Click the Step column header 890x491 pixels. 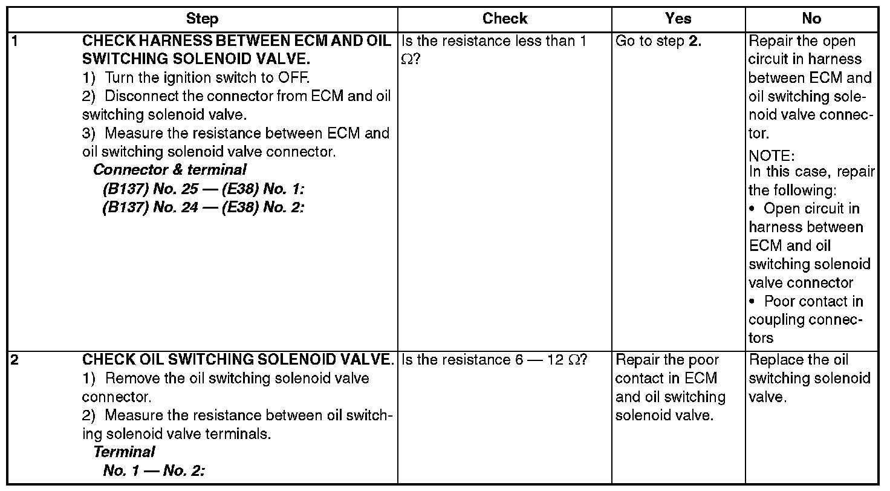click(x=203, y=19)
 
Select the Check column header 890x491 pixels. click(x=505, y=19)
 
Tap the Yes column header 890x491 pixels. click(x=678, y=19)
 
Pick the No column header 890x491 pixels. click(x=811, y=19)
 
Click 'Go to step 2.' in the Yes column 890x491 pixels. click(x=658, y=41)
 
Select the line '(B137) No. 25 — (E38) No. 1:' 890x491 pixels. click(x=203, y=189)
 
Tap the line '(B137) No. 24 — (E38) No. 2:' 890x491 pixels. click(x=203, y=207)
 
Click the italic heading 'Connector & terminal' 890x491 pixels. click(x=170, y=170)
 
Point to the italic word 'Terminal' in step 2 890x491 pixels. click(x=125, y=452)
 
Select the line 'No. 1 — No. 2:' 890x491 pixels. click(x=154, y=470)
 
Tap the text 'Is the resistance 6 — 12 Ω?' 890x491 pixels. click(x=494, y=360)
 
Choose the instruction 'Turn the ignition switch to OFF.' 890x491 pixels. click(x=196, y=78)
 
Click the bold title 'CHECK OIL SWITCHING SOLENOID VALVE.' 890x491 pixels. click(x=238, y=360)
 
